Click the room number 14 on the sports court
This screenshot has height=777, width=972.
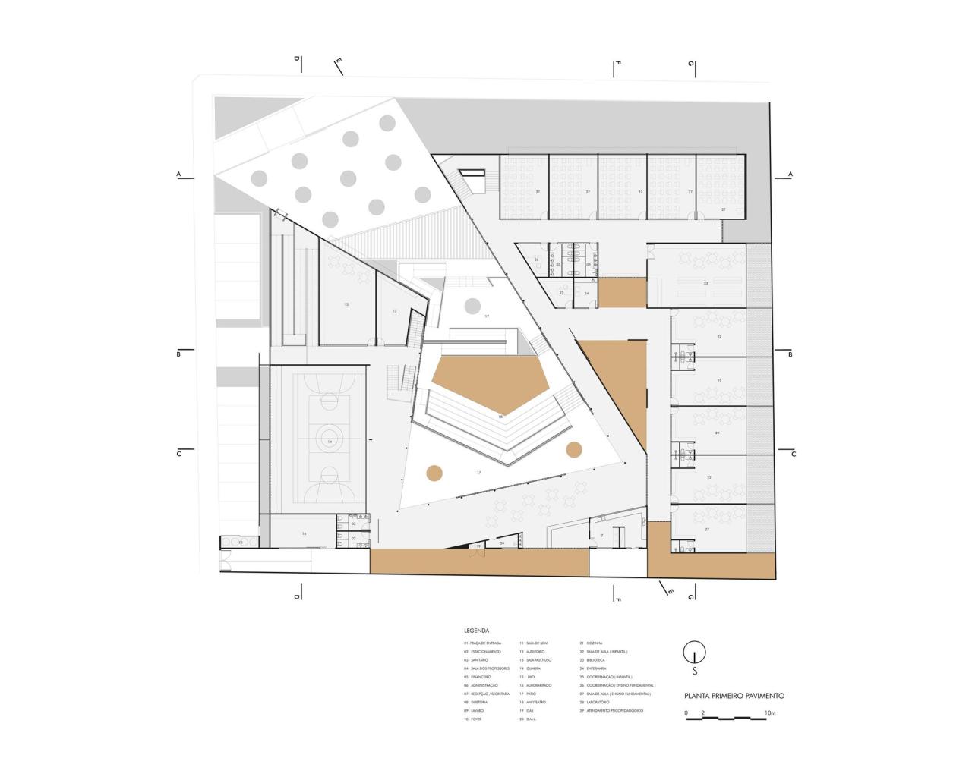coord(330,441)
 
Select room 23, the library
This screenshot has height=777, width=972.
coord(705,283)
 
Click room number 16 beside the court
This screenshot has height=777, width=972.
coord(304,534)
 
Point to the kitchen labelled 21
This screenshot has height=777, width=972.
coord(602,536)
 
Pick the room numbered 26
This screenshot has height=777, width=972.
coord(536,260)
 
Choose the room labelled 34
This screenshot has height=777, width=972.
coord(586,293)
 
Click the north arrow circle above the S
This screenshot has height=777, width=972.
coord(694,652)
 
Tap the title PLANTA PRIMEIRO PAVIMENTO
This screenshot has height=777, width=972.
coord(734,695)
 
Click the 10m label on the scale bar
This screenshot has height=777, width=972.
coord(770,713)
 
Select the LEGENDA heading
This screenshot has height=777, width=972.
coord(476,631)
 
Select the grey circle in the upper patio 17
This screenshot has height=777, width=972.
coord(472,306)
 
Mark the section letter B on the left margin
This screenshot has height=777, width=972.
coord(178,354)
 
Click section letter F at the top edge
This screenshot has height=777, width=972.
coord(618,64)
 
